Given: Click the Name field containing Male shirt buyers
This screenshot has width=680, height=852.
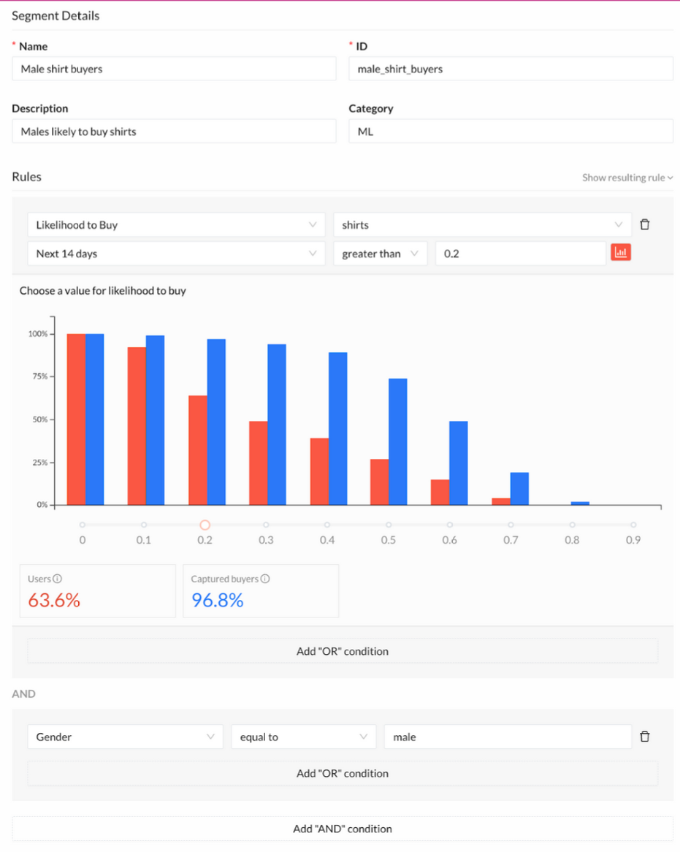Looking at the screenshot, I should click(174, 69).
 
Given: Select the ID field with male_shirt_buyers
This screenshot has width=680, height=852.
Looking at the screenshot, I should click(511, 69).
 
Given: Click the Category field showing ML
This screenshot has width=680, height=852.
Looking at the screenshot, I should click(511, 132).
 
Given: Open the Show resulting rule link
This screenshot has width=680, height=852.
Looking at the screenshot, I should click(627, 178).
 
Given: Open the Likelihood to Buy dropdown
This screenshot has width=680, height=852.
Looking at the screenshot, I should click(176, 225).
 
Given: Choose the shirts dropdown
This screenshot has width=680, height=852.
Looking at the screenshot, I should click(482, 225).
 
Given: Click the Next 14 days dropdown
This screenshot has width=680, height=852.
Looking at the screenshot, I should click(176, 254).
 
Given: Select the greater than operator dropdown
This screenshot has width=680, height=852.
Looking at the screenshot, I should click(380, 254).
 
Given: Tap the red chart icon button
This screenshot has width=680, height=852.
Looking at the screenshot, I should click(621, 253).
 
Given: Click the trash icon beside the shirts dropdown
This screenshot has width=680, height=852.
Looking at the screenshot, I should click(645, 225).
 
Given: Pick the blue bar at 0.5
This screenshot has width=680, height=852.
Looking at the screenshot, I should click(398, 441).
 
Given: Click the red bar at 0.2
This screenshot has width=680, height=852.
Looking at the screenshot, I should click(197, 450).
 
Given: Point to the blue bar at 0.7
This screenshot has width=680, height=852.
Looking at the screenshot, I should click(519, 489).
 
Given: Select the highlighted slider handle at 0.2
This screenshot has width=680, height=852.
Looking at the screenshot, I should click(205, 525).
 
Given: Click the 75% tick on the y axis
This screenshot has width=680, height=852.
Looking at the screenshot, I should click(38, 377).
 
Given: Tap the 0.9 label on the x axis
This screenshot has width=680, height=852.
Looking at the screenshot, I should click(633, 540).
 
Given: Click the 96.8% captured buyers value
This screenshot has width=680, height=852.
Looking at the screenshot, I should click(218, 601).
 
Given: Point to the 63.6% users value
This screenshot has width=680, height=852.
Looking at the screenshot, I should click(54, 601).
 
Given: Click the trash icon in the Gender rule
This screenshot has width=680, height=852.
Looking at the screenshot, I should click(645, 737).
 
